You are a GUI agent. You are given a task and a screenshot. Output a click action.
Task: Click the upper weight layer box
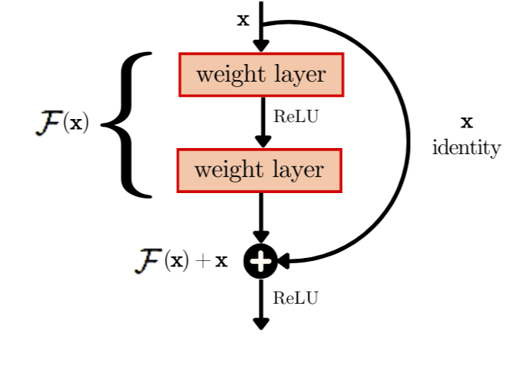click(x=261, y=75)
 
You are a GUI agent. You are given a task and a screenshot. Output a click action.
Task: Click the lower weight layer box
click(x=260, y=169)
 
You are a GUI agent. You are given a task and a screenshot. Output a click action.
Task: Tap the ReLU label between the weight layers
click(x=295, y=118)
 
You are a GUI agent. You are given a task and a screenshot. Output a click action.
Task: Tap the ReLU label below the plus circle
click(x=295, y=298)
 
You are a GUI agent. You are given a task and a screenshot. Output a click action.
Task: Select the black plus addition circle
click(x=260, y=261)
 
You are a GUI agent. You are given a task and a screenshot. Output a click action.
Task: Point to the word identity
click(x=466, y=147)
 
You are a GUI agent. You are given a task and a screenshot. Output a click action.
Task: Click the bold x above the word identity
click(x=467, y=122)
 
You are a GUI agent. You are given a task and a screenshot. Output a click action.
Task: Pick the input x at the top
click(x=244, y=20)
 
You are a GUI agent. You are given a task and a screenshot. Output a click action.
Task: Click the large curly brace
click(x=128, y=124)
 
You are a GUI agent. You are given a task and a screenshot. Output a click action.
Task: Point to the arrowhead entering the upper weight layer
click(x=262, y=47)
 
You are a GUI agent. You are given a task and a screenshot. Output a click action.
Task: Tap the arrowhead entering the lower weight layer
click(x=262, y=142)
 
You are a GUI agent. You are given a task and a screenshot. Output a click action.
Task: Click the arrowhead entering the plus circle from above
click(x=261, y=239)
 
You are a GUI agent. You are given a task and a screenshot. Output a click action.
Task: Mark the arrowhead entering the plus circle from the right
click(x=283, y=261)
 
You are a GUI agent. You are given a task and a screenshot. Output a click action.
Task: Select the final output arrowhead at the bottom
click(x=261, y=323)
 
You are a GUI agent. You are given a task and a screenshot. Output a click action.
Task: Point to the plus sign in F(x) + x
click(x=201, y=262)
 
